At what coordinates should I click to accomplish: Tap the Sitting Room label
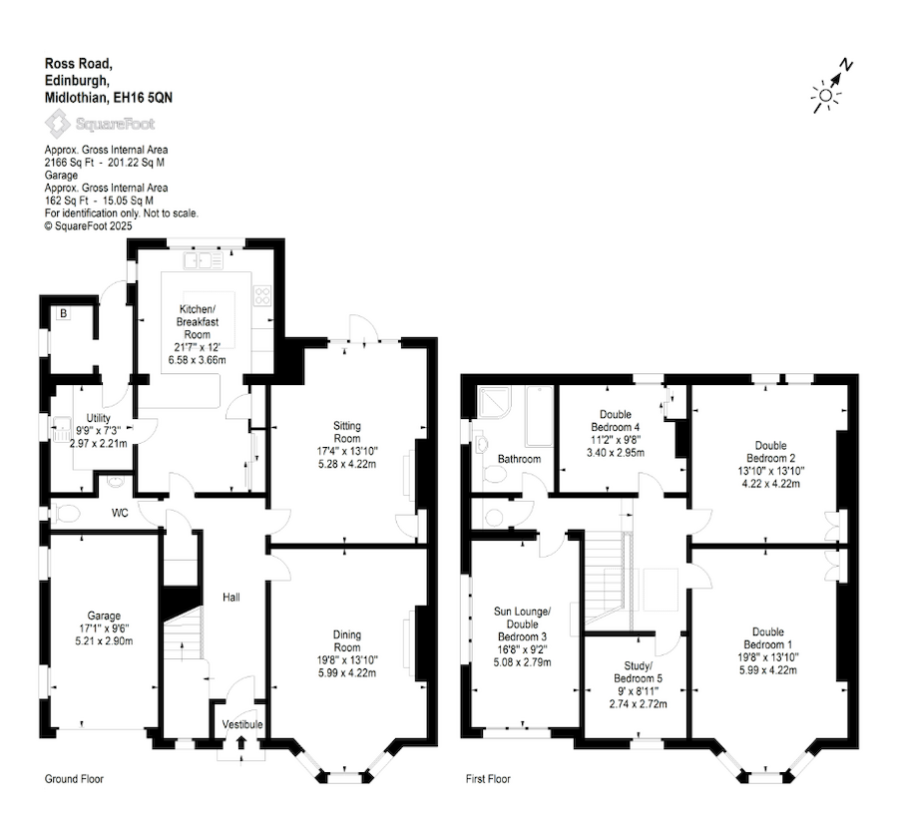click(346, 432)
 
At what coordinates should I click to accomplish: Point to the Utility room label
click(98, 418)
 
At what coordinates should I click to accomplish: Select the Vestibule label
click(242, 724)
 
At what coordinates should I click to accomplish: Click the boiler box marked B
click(64, 313)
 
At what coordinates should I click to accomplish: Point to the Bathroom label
click(519, 459)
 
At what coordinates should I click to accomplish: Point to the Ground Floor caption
click(74, 778)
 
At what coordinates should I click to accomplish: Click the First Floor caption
click(488, 778)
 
